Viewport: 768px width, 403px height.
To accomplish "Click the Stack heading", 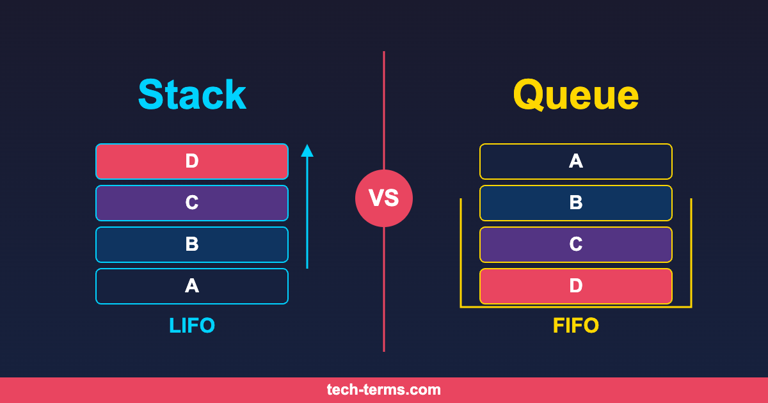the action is coord(192,94).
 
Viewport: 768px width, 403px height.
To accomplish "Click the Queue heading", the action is coord(576,95).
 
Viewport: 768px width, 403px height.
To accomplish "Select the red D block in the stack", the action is coord(192,161).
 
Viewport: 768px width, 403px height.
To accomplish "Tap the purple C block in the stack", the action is coord(192,203).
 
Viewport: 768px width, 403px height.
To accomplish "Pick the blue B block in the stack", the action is coord(192,244).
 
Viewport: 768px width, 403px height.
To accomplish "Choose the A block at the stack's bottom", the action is coord(192,286).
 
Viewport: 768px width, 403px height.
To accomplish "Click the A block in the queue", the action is coord(576,161).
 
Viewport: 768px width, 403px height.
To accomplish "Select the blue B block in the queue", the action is coord(576,203).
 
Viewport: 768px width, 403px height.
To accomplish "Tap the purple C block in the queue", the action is coord(576,244).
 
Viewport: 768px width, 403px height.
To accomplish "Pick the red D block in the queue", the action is coord(576,286).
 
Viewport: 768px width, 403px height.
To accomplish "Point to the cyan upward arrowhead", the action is coord(307,151).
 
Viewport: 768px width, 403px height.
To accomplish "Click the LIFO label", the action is coord(192,325).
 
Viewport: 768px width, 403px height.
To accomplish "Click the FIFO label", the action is coord(576,325).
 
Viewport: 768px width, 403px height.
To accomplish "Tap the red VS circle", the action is coord(384,198).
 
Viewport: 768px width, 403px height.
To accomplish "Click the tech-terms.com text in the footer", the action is coord(383,390).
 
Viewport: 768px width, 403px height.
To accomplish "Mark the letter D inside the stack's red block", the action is coord(192,161).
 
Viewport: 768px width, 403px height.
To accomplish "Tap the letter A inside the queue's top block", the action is coord(576,161).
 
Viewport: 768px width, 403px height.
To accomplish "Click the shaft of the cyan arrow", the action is coord(307,212).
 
